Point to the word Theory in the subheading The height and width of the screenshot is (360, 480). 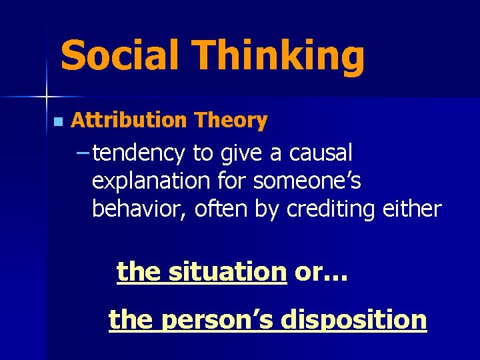(x=231, y=121)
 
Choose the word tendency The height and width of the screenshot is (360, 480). (x=139, y=154)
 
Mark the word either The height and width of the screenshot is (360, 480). (x=412, y=209)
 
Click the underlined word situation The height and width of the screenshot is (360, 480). (x=227, y=272)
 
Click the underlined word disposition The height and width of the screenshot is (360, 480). (x=353, y=319)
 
